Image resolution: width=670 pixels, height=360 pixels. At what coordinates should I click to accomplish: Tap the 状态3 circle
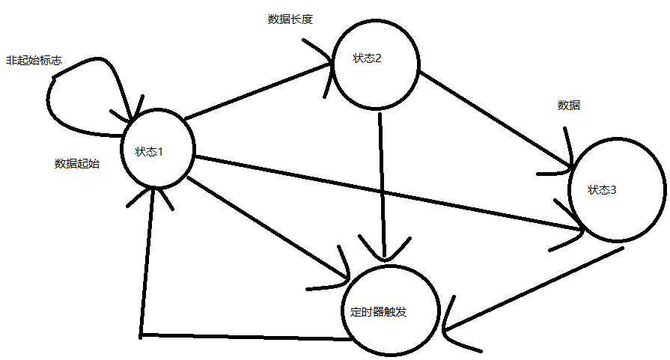click(617, 189)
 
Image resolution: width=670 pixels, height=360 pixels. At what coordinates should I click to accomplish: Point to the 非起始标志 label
click(34, 60)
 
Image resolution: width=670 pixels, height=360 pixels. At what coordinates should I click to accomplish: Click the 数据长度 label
click(290, 19)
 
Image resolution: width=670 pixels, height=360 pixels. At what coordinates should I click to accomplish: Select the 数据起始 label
click(76, 163)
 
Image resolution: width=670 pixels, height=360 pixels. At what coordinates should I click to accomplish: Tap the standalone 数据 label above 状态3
click(569, 106)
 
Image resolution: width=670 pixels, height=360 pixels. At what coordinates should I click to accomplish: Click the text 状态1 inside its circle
click(149, 152)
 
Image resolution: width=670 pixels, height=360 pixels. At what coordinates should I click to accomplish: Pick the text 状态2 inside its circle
click(368, 59)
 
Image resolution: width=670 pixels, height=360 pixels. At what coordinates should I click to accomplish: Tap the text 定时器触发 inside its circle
click(378, 312)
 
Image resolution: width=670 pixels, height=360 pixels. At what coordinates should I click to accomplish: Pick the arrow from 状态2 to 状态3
click(494, 120)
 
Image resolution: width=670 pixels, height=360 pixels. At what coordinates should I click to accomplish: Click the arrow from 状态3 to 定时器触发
click(532, 288)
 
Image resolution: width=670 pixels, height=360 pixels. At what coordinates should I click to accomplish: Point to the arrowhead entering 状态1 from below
click(153, 196)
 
